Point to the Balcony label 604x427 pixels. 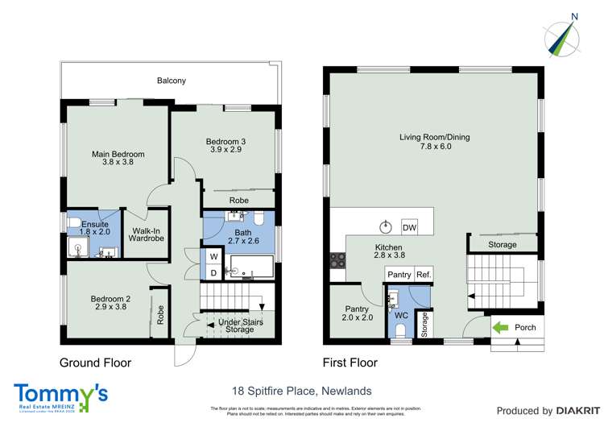(172, 81)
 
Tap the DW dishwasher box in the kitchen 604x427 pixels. (409, 228)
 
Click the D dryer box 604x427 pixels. (214, 274)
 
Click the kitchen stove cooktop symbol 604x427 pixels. (337, 260)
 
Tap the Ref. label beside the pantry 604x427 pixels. (424, 276)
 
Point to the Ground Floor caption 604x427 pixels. (96, 363)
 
